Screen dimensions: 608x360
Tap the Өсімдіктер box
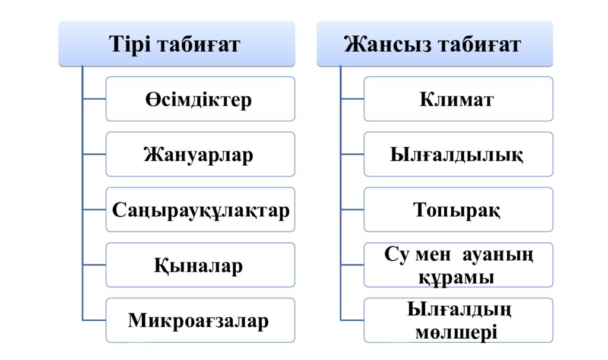tap(200, 99)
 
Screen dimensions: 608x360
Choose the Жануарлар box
tap(200, 154)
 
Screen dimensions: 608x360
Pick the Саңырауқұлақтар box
tap(200, 210)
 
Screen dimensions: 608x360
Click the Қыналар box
tap(200, 265)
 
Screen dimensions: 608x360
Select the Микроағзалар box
tap(200, 320)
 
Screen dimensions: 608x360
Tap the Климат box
tap(458, 99)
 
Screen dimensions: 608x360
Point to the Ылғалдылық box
tap(458, 154)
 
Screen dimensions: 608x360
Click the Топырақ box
tap(458, 210)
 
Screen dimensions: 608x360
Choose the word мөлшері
tap(457, 333)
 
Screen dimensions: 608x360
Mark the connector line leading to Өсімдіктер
tap(94, 99)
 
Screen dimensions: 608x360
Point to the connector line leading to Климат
tap(353, 99)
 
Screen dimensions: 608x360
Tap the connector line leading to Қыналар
tap(94, 265)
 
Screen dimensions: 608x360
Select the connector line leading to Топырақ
tap(353, 210)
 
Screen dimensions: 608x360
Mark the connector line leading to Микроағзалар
tap(94, 320)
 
